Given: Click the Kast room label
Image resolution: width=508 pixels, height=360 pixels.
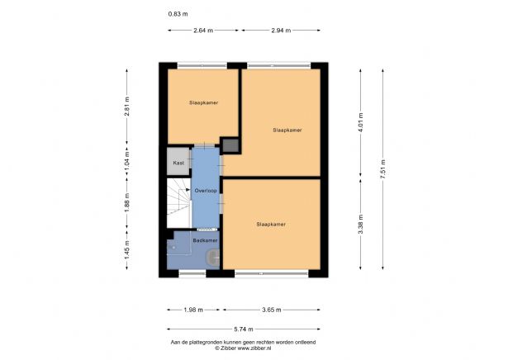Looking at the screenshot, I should point(178,163).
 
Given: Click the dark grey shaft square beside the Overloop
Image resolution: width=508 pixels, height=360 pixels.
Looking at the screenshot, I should point(230,146).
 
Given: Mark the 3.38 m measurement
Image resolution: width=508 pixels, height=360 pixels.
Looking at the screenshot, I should point(360,222).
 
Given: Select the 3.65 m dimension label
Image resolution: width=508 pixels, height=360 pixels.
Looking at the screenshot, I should point(271,310).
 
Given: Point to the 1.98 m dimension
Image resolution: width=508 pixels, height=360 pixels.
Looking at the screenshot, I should point(194,310).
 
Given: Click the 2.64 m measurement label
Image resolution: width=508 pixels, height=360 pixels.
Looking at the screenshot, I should point(203,31).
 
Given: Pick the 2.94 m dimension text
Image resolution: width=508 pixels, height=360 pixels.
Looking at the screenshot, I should point(281,31).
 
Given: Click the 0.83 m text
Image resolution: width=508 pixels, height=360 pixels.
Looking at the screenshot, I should point(178,14).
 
